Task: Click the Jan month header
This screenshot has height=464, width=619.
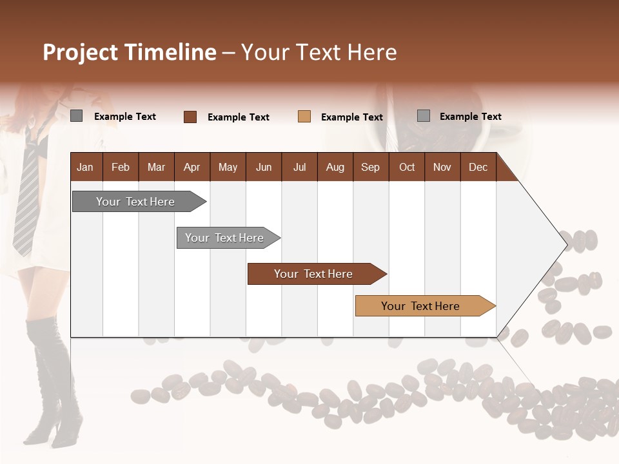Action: click(x=85, y=168)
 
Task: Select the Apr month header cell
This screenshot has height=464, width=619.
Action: click(x=192, y=168)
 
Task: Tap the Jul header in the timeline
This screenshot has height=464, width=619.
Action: click(x=299, y=168)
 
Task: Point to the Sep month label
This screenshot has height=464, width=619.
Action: click(x=370, y=168)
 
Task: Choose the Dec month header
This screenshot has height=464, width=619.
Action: click(x=478, y=168)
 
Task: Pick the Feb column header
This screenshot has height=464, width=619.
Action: click(x=121, y=168)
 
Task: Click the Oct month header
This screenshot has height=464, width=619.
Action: click(x=407, y=168)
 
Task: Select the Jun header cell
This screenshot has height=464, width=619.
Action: click(x=264, y=168)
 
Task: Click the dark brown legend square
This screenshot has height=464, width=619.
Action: click(x=190, y=117)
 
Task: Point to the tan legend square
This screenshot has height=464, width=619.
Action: click(x=304, y=117)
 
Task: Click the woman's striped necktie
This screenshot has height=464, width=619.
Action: click(x=28, y=193)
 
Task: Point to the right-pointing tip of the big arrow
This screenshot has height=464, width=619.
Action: click(x=566, y=244)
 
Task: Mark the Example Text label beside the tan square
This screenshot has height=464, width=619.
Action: click(x=351, y=117)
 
